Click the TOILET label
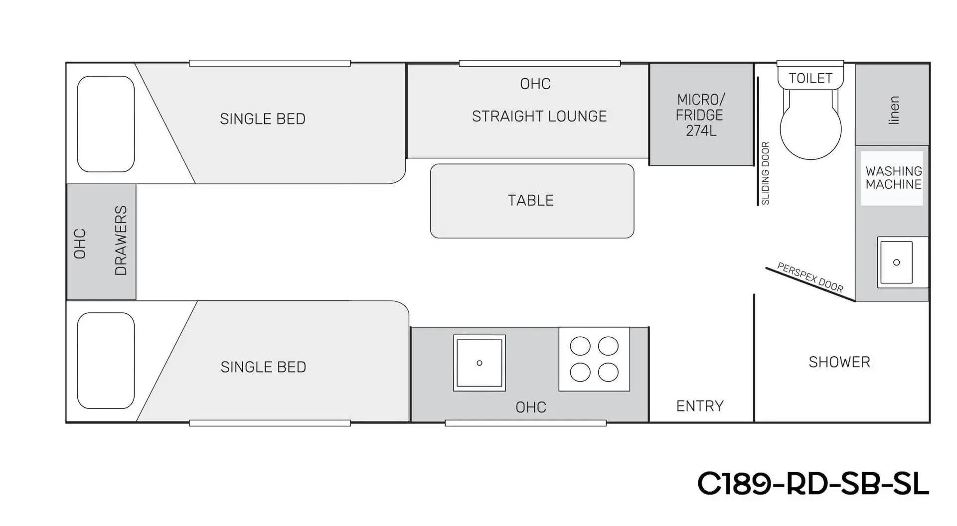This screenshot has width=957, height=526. (810, 78)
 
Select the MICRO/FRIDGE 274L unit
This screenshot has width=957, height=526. (700, 115)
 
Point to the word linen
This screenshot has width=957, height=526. (894, 110)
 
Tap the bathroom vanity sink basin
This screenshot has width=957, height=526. (896, 263)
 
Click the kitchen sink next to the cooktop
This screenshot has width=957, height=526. (479, 363)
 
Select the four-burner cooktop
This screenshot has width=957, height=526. (594, 359)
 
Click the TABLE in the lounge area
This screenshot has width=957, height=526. (531, 201)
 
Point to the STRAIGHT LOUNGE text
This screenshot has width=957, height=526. (539, 117)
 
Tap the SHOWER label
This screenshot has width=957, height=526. (839, 362)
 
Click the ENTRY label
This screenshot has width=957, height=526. (700, 406)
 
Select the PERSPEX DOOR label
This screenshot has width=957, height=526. (810, 277)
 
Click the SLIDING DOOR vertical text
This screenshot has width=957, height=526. (766, 173)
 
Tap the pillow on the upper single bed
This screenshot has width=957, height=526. (106, 124)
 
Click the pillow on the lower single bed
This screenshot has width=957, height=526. (106, 360)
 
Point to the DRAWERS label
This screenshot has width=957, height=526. (121, 240)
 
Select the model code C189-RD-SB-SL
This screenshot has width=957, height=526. (813, 483)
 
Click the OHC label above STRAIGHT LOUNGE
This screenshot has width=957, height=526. (535, 84)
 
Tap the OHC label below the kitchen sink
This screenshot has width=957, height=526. (531, 407)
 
